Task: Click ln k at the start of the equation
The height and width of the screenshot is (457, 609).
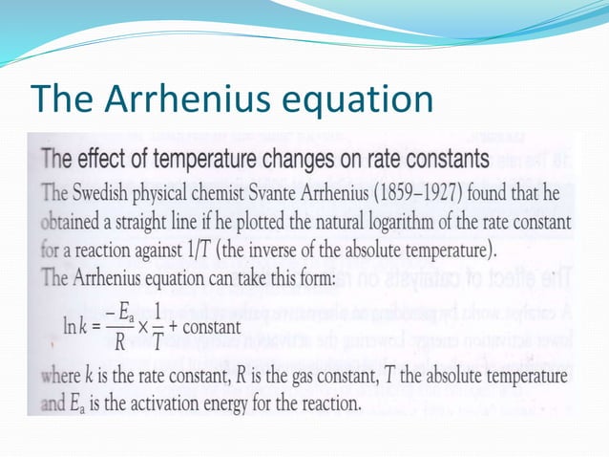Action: pyautogui.click(x=77, y=328)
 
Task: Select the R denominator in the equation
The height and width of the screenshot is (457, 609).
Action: pyautogui.click(x=115, y=342)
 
